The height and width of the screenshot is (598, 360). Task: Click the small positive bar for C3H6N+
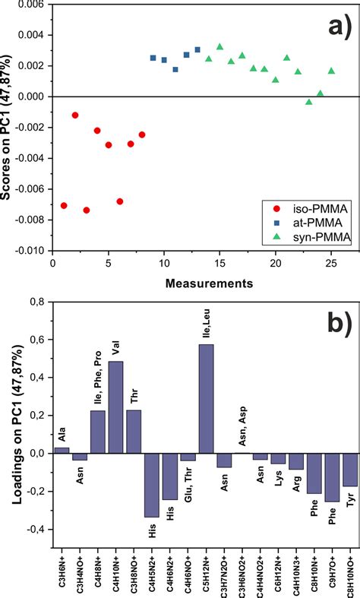tap(62, 450)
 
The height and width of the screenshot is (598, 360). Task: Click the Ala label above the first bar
tap(62, 436)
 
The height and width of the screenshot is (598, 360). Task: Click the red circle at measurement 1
tap(64, 206)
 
